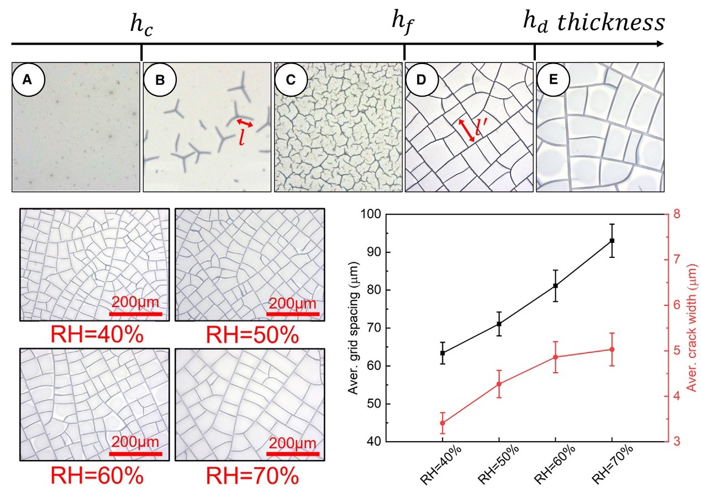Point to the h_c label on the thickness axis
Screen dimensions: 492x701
pyautogui.click(x=140, y=26)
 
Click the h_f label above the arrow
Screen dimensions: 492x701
pyautogui.click(x=402, y=23)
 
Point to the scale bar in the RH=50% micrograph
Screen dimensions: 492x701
pyautogui.click(x=293, y=314)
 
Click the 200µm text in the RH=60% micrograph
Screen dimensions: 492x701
pyautogui.click(x=136, y=442)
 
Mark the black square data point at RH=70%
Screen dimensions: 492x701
pyautogui.click(x=612, y=241)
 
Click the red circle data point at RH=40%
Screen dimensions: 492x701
pyautogui.click(x=442, y=423)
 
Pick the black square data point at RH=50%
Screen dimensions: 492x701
pyautogui.click(x=499, y=324)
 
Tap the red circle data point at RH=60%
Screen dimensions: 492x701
pyautogui.click(x=555, y=357)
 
